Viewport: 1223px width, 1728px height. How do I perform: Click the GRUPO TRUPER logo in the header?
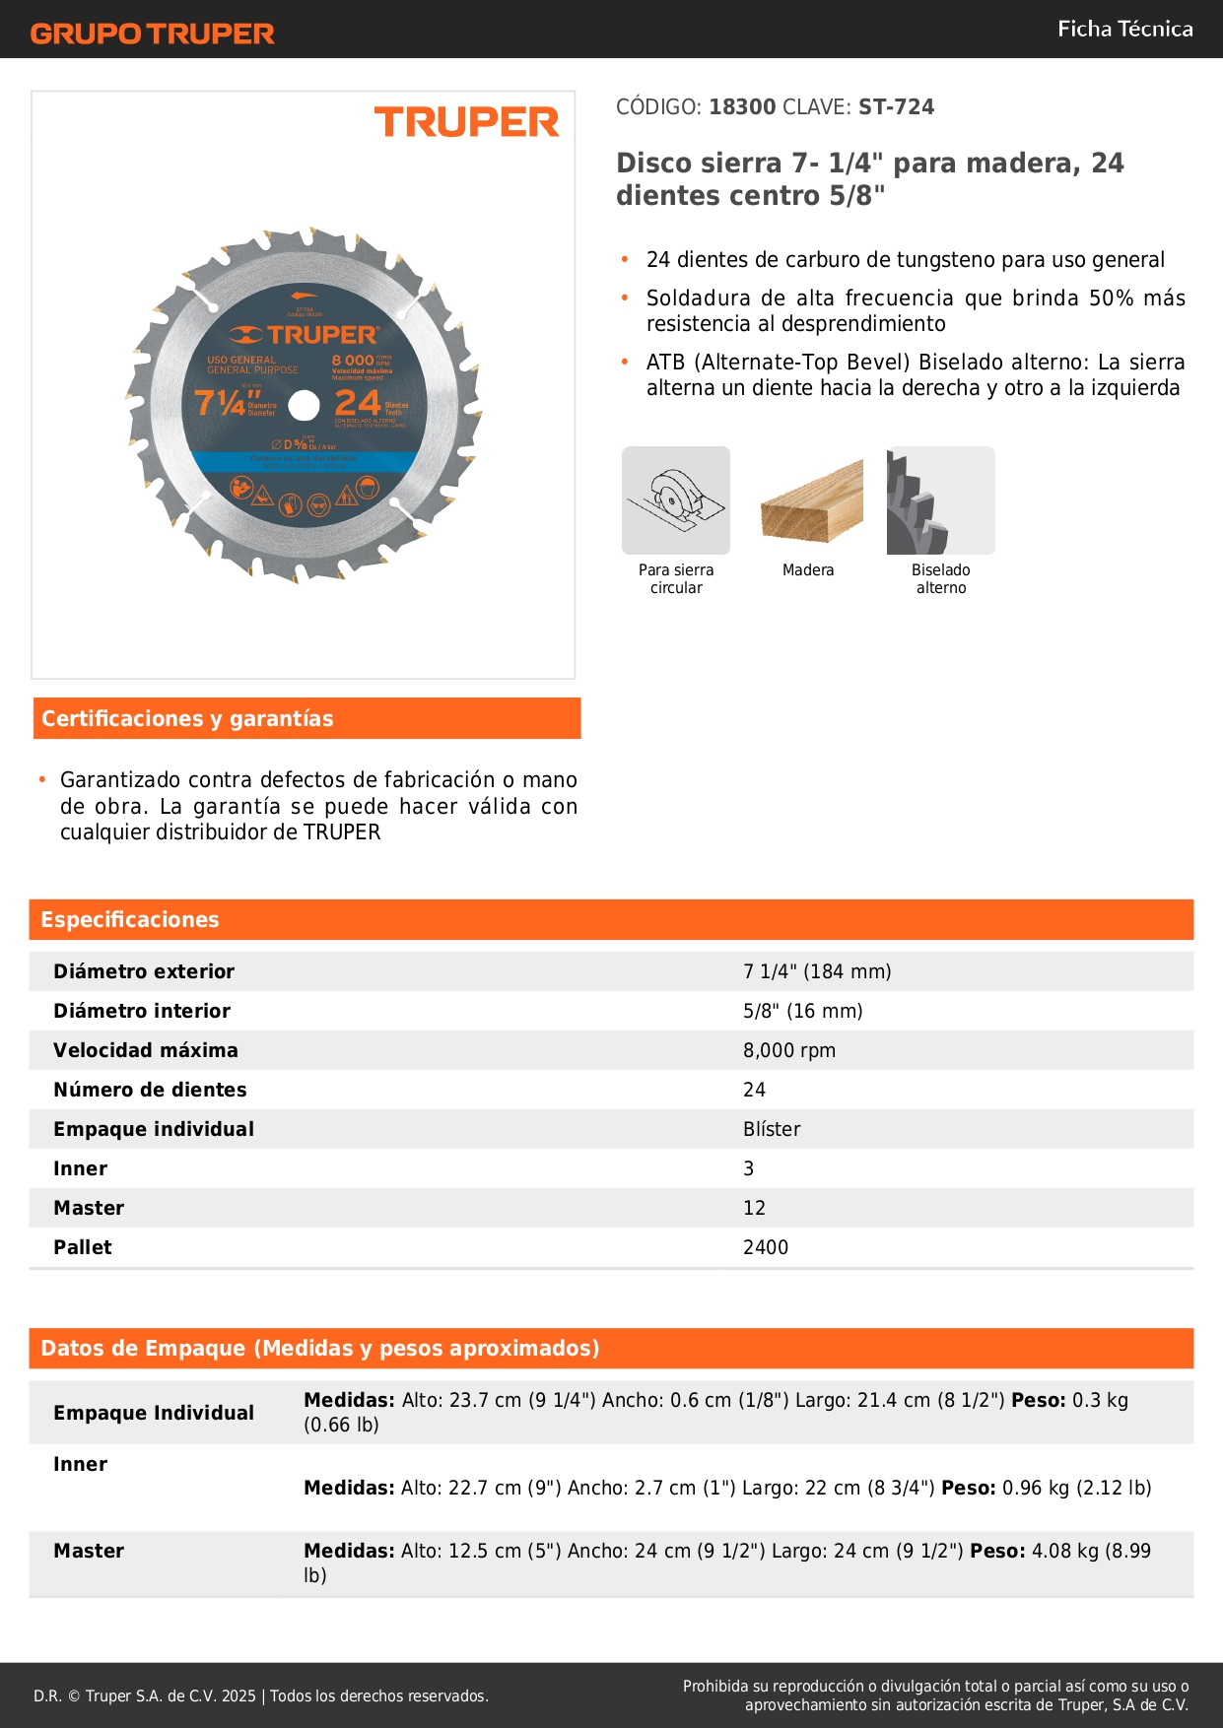click(153, 33)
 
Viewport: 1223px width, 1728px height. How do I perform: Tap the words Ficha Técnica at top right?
click(1124, 29)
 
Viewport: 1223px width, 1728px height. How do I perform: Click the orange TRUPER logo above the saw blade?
click(466, 122)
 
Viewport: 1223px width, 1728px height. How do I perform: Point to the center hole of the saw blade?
click(305, 405)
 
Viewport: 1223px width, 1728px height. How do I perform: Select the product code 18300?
click(742, 107)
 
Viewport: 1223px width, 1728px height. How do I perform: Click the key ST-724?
click(896, 107)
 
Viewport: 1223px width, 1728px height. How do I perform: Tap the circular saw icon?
click(676, 500)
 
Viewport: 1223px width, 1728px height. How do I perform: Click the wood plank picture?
click(811, 501)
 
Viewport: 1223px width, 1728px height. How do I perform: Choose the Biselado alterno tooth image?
click(940, 500)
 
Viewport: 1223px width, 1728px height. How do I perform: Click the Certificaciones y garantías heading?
click(187, 718)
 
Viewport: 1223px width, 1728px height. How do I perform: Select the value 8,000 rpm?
click(789, 1050)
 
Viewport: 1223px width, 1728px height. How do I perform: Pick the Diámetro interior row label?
click(142, 1011)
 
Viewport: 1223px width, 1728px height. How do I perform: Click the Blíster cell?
click(772, 1129)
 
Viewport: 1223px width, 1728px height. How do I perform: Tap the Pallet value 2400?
click(766, 1247)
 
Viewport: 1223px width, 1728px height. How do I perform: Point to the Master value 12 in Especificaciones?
click(754, 1208)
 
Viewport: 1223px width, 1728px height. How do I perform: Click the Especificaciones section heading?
click(130, 919)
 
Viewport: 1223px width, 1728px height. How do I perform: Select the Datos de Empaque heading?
click(320, 1348)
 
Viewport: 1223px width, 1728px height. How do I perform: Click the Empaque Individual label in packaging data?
click(154, 1413)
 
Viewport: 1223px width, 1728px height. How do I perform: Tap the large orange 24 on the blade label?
click(358, 402)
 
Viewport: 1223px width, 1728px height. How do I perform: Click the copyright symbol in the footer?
click(74, 1695)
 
